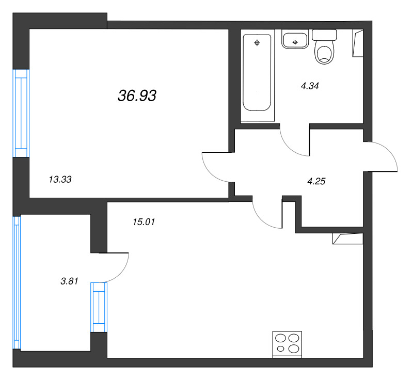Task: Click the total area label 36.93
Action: point(137,96)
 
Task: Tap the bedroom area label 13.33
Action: point(60,179)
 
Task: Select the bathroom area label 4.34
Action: point(310,86)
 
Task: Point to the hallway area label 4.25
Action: point(316,181)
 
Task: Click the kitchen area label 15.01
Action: point(144,222)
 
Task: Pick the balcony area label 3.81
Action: point(69,281)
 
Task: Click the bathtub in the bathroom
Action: point(257,73)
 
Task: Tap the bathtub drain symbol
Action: point(257,43)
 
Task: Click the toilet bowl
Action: point(324,55)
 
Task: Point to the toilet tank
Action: point(324,35)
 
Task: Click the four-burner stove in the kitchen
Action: point(287,344)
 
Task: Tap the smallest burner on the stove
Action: point(281,349)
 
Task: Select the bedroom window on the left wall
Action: point(21,113)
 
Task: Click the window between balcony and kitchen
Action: point(99,307)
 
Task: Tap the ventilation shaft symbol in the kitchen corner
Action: point(347,239)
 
